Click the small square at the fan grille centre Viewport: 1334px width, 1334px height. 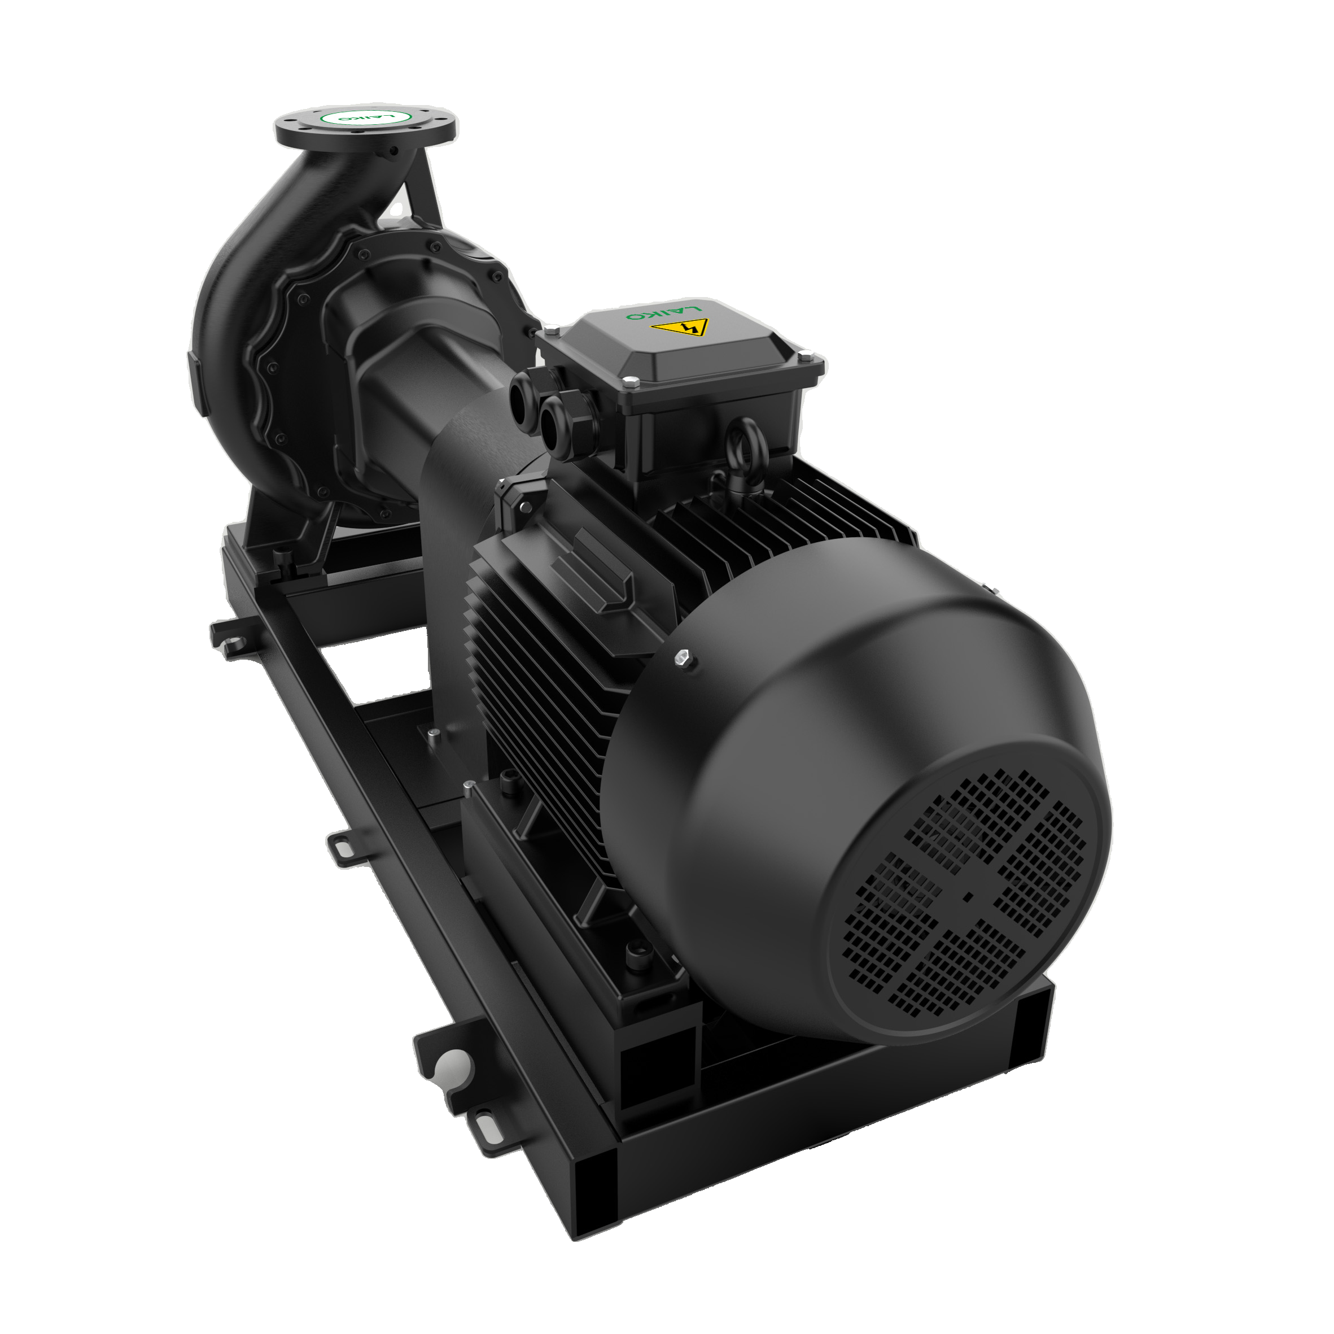tap(968, 897)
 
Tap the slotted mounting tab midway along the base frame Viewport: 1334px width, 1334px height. tap(343, 847)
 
